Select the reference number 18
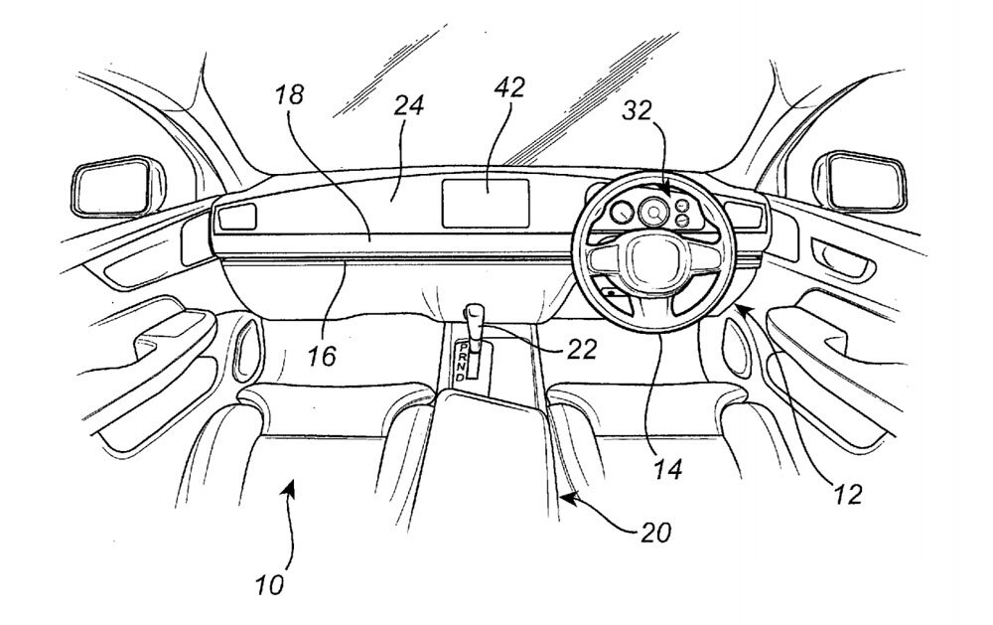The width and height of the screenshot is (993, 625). click(x=292, y=97)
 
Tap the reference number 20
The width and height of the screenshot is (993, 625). click(x=655, y=532)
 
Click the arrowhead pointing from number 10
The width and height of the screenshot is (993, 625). click(x=290, y=482)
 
